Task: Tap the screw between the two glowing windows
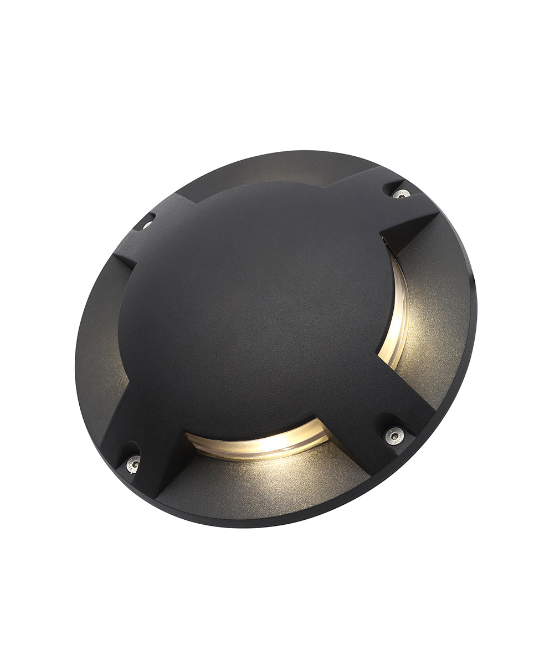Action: [393, 436]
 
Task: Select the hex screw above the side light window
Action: [401, 194]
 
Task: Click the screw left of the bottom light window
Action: [133, 464]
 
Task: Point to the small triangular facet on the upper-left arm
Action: [124, 260]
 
